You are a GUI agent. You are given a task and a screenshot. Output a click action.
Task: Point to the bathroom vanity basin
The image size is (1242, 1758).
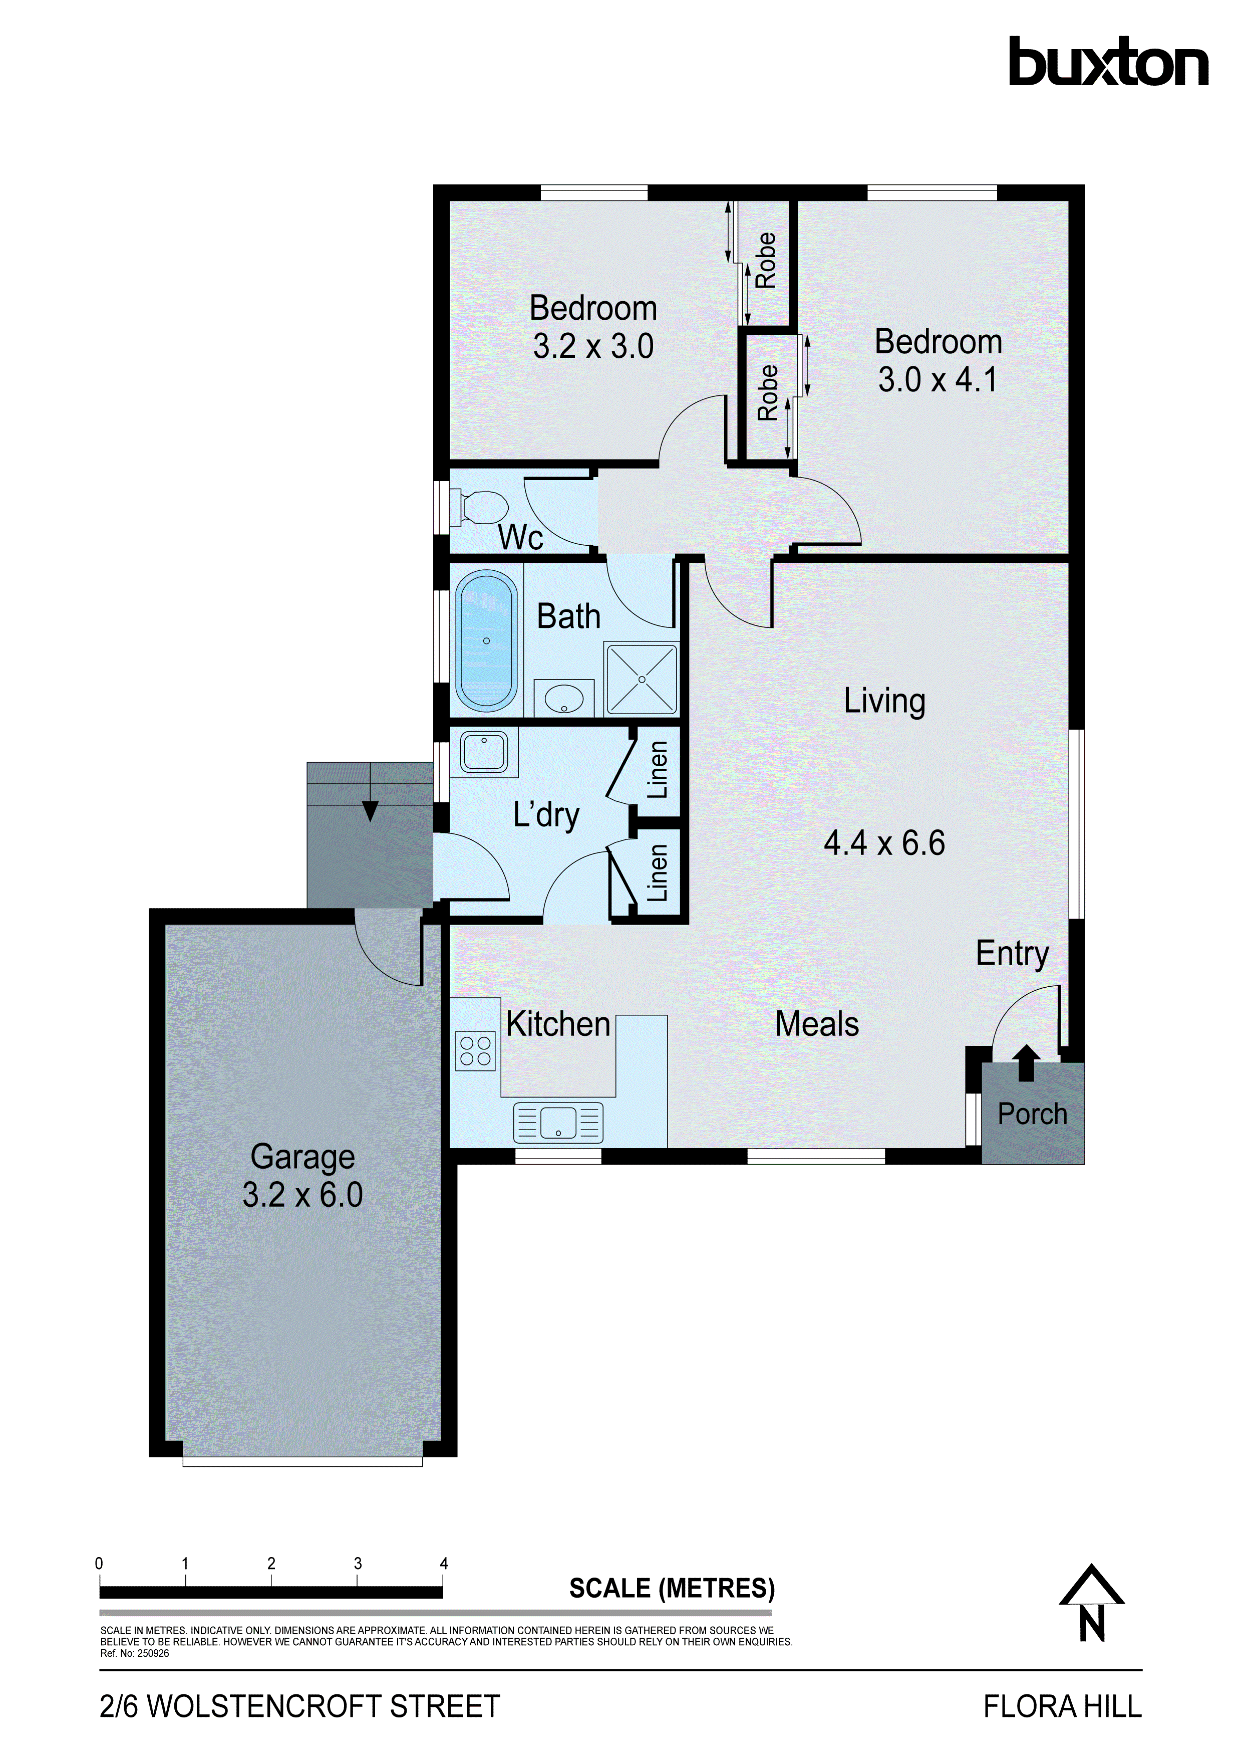point(564,698)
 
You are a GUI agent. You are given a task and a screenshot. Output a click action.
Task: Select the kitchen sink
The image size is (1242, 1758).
point(558,1123)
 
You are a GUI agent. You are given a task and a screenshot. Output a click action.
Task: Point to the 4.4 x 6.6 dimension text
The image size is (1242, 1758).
point(884,843)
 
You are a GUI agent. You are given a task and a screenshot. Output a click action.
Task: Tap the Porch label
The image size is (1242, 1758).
point(1032,1114)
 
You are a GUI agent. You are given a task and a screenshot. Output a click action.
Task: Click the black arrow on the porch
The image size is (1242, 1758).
point(1026,1063)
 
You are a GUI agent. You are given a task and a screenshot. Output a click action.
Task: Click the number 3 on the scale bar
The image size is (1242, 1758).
point(358,1564)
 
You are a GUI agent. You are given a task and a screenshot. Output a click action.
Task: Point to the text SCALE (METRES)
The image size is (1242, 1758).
point(672,1588)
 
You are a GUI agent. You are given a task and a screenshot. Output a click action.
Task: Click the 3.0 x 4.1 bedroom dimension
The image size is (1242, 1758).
point(938,380)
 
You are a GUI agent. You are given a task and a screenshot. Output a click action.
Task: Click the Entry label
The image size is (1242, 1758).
point(1012,954)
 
